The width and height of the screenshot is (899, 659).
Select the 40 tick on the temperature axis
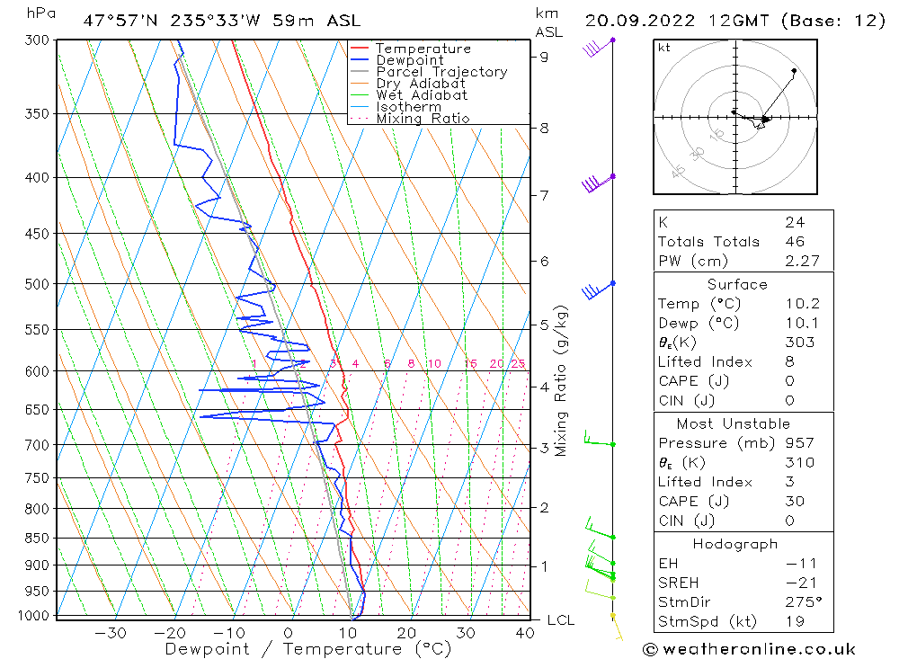click(524, 633)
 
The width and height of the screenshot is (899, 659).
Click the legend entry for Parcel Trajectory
click(441, 72)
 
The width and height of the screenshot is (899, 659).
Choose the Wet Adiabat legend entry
click(422, 95)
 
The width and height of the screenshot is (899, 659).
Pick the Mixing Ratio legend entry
click(423, 119)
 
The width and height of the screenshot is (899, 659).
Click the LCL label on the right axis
click(560, 620)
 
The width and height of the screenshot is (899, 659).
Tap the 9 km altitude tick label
click(544, 57)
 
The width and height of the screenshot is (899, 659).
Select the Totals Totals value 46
click(795, 242)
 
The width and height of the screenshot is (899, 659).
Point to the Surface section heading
click(737, 285)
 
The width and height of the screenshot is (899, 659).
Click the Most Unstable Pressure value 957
click(799, 443)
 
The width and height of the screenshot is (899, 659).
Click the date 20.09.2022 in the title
click(632, 20)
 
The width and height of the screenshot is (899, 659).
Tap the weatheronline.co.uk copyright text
click(749, 648)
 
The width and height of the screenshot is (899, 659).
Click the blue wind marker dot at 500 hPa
click(612, 283)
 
